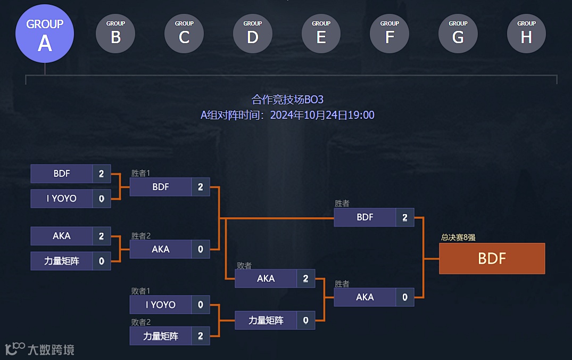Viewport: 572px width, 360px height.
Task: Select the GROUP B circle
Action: click(x=115, y=34)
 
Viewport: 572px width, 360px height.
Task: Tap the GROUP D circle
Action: click(x=253, y=34)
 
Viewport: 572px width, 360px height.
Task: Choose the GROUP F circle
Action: click(x=389, y=34)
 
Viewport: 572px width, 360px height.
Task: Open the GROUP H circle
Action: click(x=526, y=34)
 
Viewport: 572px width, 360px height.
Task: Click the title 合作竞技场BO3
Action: click(x=287, y=100)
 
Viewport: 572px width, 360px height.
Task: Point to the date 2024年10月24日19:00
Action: click(x=322, y=115)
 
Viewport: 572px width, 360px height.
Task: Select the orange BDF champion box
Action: click(x=492, y=258)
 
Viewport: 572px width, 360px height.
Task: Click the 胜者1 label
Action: click(x=141, y=173)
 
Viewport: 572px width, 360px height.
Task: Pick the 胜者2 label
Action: click(x=141, y=235)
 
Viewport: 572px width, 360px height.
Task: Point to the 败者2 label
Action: click(x=141, y=322)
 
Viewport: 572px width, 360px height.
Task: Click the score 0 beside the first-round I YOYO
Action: click(x=102, y=199)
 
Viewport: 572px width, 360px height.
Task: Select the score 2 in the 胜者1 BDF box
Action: click(x=201, y=187)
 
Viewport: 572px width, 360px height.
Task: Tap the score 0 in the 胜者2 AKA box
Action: click(x=201, y=249)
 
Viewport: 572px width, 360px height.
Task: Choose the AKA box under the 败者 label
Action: click(x=266, y=279)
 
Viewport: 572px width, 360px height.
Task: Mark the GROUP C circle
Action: click(x=184, y=34)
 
